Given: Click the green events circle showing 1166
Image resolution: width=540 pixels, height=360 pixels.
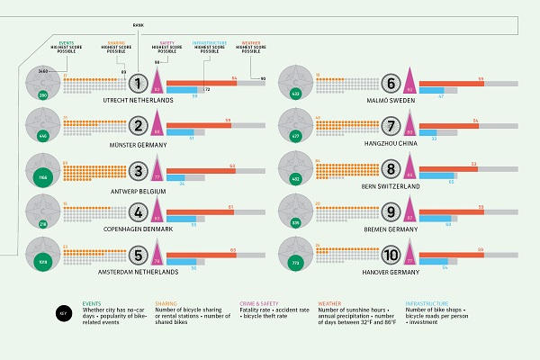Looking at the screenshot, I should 41,178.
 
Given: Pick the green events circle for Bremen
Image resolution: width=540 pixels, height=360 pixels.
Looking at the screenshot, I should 295,219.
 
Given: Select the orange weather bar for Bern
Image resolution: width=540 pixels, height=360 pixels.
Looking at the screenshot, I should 450,164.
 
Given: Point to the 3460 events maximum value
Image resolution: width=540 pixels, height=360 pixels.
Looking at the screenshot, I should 43,69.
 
